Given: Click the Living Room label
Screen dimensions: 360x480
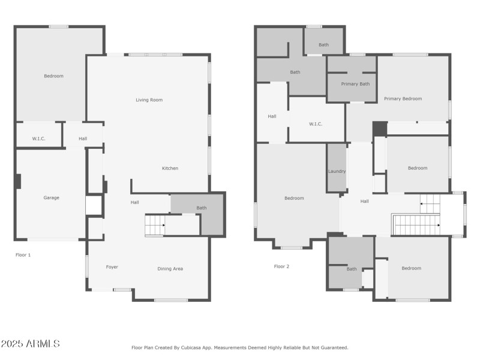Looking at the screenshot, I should tap(149, 100).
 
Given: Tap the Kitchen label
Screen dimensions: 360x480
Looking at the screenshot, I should tap(170, 169).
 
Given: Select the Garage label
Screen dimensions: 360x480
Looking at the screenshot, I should tap(51, 197).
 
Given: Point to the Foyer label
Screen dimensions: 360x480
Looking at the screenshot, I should tap(112, 267).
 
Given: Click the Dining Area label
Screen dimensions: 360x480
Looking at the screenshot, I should tap(170, 269).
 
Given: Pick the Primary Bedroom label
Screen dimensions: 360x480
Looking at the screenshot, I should tap(403, 99).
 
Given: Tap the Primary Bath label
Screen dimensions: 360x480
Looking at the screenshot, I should tap(355, 84).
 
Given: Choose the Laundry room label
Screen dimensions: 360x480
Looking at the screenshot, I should tap(337, 172).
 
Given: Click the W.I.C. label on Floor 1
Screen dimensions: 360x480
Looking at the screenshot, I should tap(38, 139).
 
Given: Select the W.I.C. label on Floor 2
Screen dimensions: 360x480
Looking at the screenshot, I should tap(316, 124).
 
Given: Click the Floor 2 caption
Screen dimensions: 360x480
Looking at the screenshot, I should tap(282, 266).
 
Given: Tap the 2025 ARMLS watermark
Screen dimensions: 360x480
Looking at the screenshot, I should tap(30, 344).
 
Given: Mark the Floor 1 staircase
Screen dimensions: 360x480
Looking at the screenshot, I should tap(155, 226).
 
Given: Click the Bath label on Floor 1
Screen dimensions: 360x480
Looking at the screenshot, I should tap(202, 208).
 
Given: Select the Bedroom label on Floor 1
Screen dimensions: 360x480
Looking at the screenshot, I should tap(53, 76).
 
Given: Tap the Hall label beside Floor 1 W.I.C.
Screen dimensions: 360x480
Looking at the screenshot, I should tap(83, 139).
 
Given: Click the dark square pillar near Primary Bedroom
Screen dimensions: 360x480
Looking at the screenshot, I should tap(379, 129).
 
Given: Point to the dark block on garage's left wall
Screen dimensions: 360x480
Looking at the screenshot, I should tap(18, 181).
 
